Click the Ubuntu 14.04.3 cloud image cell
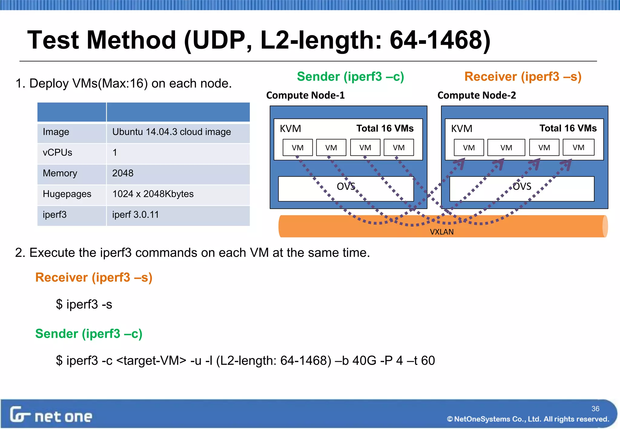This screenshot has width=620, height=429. click(x=171, y=132)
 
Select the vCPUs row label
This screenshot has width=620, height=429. click(x=58, y=152)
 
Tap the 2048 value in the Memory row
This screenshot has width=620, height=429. click(x=123, y=173)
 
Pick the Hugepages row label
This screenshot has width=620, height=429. click(x=67, y=194)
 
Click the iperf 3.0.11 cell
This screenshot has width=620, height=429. click(x=135, y=214)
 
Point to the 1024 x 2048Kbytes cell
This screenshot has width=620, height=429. click(x=153, y=194)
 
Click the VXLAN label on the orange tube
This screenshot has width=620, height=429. click(x=442, y=232)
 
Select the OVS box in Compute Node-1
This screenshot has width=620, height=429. click(x=346, y=188)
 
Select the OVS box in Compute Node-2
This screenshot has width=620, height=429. click(x=522, y=188)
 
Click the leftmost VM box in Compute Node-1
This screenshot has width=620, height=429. click(x=298, y=148)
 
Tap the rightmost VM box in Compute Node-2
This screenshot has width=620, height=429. click(x=578, y=147)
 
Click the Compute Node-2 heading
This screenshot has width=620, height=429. click(x=477, y=95)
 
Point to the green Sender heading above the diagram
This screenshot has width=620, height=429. click(x=350, y=77)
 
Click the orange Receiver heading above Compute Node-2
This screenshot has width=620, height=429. click(x=523, y=77)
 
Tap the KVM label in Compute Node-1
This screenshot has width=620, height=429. click(x=290, y=129)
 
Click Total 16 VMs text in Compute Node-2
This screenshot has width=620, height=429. click(x=568, y=128)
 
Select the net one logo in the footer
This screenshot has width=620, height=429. click(x=51, y=415)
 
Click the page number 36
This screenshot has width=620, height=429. click(x=595, y=409)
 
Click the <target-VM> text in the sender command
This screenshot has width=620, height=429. click(x=151, y=361)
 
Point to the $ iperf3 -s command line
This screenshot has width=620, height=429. click(x=84, y=304)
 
